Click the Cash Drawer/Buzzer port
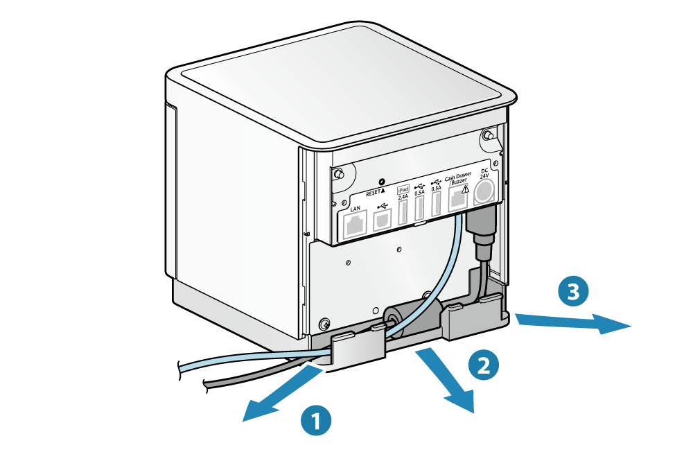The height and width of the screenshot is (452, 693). pyautogui.click(x=457, y=200)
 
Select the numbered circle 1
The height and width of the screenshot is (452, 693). pyautogui.click(x=316, y=420)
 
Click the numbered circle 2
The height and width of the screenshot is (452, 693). pyautogui.click(x=484, y=365)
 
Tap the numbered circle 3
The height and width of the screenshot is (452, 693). pyautogui.click(x=573, y=292)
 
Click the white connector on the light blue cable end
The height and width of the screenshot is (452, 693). pyautogui.click(x=166, y=370)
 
